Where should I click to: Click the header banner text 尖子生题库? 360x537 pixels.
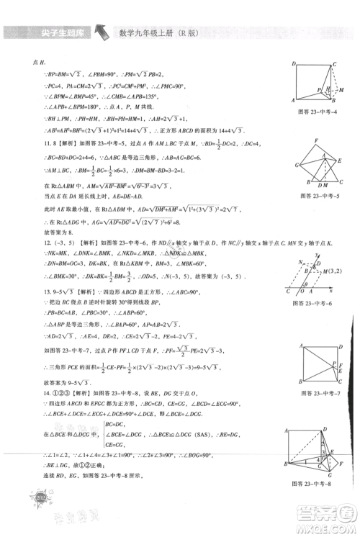click(50, 32)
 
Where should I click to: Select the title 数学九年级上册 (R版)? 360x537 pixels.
click(167, 32)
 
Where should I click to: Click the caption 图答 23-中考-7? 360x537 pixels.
click(311, 393)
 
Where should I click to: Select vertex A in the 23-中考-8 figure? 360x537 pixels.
click(286, 429)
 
